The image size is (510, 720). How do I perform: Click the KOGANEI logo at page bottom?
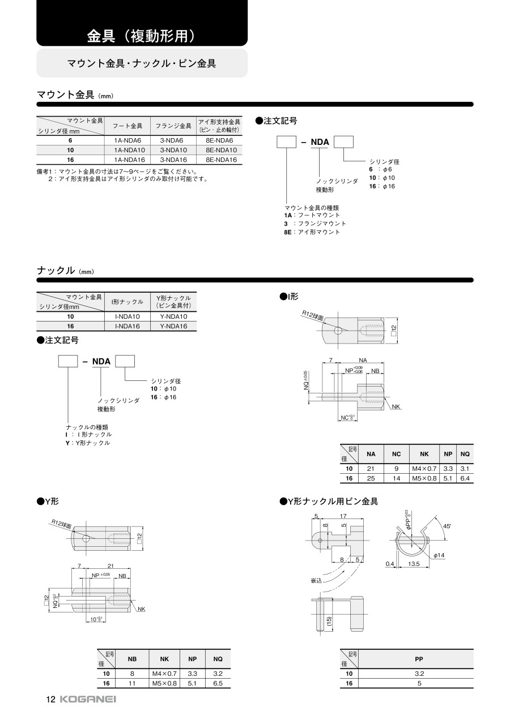click(x=87, y=700)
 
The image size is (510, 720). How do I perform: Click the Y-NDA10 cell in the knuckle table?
click(x=173, y=316)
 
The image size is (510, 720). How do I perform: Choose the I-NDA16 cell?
click(x=127, y=326)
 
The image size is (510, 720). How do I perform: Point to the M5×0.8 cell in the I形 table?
click(x=424, y=478)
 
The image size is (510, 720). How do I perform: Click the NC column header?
click(x=396, y=454)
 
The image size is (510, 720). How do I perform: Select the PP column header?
click(x=419, y=659)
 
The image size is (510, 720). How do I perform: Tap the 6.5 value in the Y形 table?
click(x=218, y=683)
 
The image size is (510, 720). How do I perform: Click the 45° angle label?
click(x=447, y=526)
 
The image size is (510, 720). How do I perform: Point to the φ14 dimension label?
click(x=439, y=555)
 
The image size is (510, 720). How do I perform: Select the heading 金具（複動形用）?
click(x=141, y=37)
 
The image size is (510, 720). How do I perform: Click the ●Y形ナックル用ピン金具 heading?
click(x=329, y=502)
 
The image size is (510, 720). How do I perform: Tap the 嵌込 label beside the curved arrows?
click(x=316, y=581)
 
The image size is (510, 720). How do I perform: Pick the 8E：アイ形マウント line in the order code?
click(x=312, y=232)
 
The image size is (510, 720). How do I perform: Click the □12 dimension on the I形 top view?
click(x=394, y=329)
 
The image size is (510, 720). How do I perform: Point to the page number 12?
click(x=50, y=700)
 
